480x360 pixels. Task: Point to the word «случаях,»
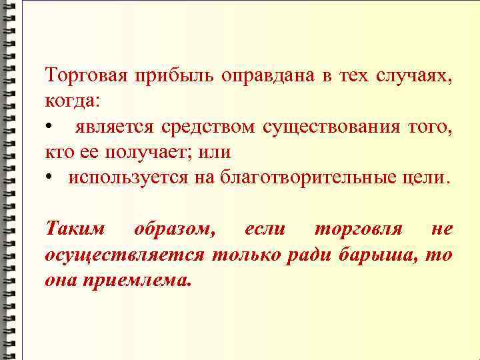pos(414,76)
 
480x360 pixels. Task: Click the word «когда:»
pos(73,101)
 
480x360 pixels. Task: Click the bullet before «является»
pos(49,127)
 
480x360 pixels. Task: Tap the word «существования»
pos(331,127)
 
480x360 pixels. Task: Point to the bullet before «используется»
pos(49,178)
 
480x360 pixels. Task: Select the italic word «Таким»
pos(75,229)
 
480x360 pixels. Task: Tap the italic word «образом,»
pos(175,229)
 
